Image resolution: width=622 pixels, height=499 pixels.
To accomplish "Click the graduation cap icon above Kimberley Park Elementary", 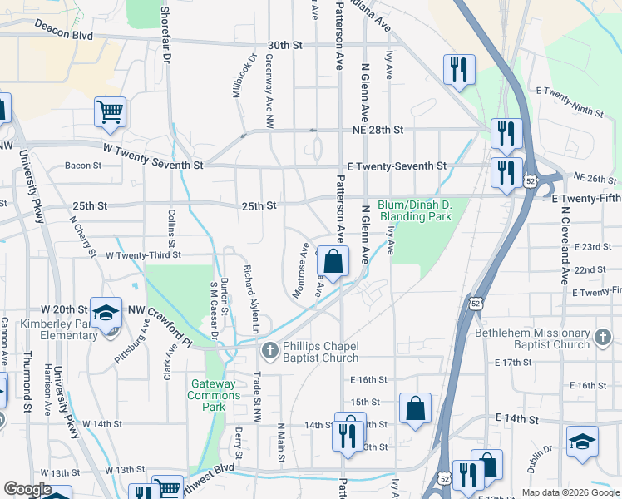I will coord(106,314).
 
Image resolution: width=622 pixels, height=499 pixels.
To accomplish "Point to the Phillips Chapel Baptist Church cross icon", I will coord(269,352).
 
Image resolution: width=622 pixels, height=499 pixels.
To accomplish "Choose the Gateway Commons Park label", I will coord(220,395).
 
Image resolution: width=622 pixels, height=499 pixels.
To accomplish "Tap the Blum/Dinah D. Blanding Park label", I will coord(414,210).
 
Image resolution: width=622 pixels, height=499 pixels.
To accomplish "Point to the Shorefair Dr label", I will coord(165,33).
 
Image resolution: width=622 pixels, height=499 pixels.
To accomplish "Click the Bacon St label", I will coord(83,166).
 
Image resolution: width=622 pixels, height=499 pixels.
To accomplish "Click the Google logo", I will coord(28,488).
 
